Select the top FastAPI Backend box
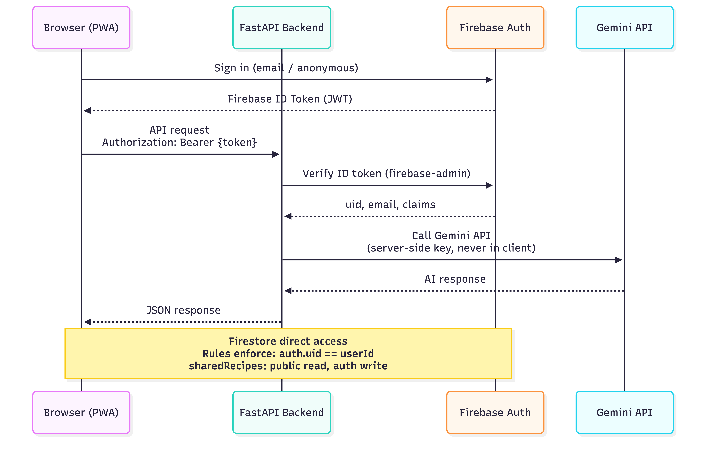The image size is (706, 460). click(x=281, y=28)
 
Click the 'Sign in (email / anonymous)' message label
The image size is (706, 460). click(x=286, y=68)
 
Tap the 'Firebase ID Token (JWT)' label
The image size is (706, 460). click(x=290, y=99)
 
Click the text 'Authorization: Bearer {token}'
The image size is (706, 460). click(x=179, y=142)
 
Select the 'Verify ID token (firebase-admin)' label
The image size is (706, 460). click(x=386, y=173)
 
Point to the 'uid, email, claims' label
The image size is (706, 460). click(x=390, y=204)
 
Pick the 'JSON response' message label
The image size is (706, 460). click(x=183, y=310)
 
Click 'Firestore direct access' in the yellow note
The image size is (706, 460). click(x=288, y=341)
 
